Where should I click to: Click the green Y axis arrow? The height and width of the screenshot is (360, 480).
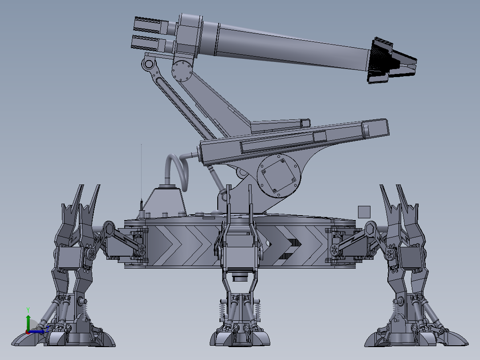click(x=28, y=322)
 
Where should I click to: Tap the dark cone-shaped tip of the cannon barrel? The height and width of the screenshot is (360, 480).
click(x=392, y=61)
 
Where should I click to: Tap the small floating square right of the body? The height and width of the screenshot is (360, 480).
click(x=364, y=212)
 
